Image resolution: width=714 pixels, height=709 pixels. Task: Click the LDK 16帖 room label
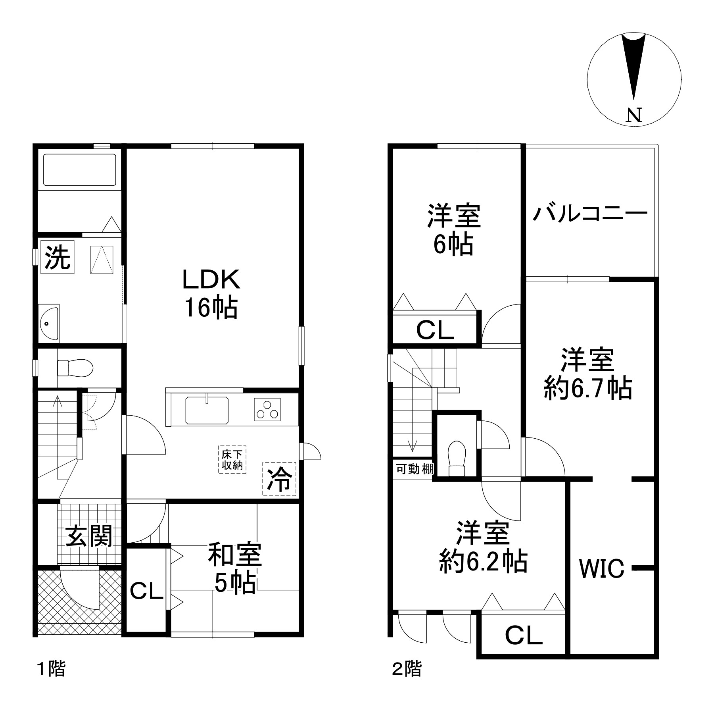coord(211,293)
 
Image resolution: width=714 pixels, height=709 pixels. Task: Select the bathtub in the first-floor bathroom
coord(79,170)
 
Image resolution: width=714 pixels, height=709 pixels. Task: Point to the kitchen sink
coord(207,410)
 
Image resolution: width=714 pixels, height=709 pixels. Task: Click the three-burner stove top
coord(267,409)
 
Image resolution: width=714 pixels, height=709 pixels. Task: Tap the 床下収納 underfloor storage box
coord(232,459)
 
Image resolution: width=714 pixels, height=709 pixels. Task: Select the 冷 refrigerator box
coord(279,479)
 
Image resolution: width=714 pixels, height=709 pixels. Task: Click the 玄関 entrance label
coord(89,536)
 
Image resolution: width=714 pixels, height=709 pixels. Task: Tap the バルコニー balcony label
coord(590,213)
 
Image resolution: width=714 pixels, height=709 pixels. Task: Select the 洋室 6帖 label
coord(453,230)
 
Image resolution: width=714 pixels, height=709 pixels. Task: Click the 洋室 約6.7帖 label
coord(587,374)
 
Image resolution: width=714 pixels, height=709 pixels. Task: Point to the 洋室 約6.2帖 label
coord(483,547)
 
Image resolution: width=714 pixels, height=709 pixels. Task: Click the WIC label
coord(602,568)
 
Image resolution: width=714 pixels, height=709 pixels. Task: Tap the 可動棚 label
coord(415,469)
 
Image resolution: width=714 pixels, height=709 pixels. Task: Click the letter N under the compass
coord(634,115)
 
